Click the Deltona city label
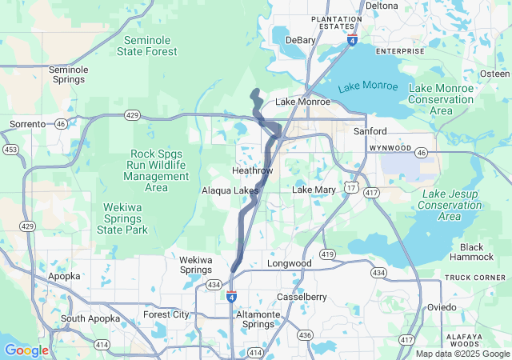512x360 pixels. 382,6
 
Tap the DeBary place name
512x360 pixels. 301,39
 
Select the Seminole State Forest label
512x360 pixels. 151,46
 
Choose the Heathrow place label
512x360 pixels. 252,171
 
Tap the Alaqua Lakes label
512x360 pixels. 230,190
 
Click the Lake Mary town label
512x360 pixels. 314,190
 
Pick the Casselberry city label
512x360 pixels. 301,297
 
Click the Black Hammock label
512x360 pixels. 477,252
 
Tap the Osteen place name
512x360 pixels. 494,74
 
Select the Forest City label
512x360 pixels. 166,314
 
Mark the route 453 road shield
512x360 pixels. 10,149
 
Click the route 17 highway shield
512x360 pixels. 350,186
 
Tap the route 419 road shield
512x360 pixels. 326,254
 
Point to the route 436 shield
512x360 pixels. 305,334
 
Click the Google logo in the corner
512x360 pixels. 26,350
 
